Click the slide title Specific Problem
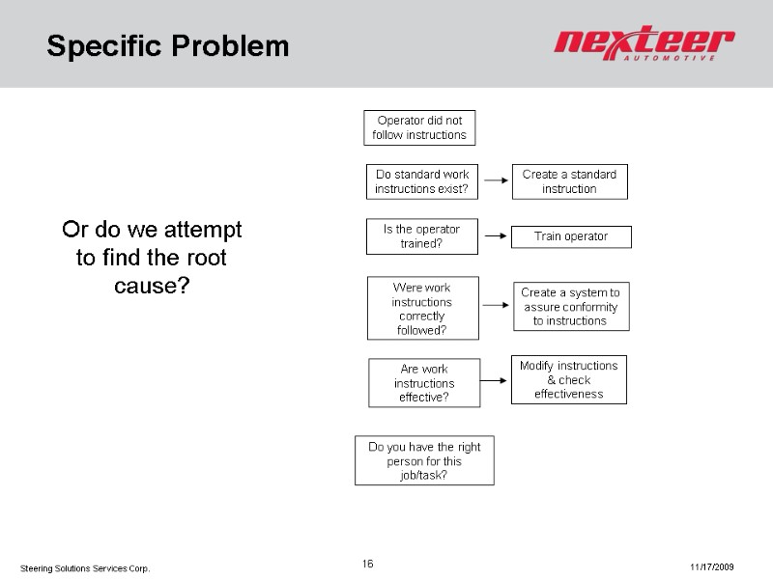click(x=168, y=45)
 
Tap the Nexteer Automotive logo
click(x=644, y=45)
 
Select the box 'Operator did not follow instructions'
click(x=419, y=127)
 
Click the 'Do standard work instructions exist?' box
click(x=421, y=181)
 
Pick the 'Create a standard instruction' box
click(x=569, y=181)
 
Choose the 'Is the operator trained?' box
click(x=423, y=236)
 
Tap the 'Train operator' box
click(x=571, y=236)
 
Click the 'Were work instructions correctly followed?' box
click(x=421, y=309)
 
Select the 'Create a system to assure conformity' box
click(x=570, y=306)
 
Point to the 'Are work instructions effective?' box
click(x=423, y=383)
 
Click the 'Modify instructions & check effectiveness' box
click(x=568, y=380)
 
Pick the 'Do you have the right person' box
click(x=425, y=460)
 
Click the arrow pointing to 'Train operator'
click(x=495, y=234)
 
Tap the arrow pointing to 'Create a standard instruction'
click(x=495, y=179)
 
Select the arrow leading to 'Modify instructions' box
click(x=495, y=379)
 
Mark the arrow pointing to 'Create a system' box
click(x=495, y=305)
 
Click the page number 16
click(x=367, y=564)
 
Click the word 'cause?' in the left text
click(x=152, y=287)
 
